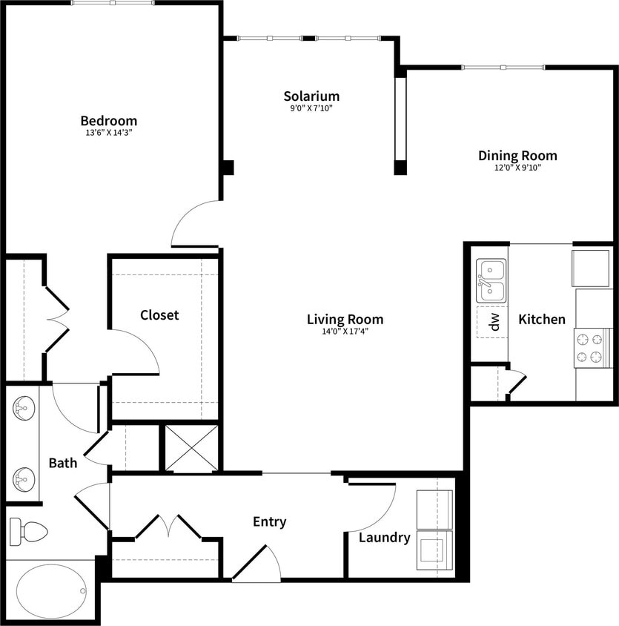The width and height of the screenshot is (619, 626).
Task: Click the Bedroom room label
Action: pos(108,121)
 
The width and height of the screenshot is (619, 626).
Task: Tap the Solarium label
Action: pos(311,96)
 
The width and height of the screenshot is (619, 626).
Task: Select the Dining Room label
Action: pos(517,156)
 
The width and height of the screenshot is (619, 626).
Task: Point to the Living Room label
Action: pos(345,320)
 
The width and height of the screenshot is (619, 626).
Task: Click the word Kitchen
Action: pos(542,320)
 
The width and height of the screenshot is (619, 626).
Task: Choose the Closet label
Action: pos(159,315)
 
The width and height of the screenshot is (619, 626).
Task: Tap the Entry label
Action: pos(269,521)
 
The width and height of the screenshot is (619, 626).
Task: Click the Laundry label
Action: pos(384,538)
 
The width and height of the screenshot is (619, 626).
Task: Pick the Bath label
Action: pos(63,464)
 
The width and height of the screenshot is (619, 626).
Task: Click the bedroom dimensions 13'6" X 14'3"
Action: pos(108,134)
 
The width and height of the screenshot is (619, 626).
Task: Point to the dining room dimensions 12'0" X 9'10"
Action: pos(517,168)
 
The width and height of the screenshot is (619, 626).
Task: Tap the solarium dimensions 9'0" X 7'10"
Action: pos(311,108)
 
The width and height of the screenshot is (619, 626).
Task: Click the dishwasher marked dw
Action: pos(493,321)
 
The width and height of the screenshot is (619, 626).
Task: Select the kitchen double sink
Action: pos(491,280)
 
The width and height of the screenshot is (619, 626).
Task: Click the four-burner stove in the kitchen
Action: pos(591,349)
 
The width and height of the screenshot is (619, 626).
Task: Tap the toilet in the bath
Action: pos(28,531)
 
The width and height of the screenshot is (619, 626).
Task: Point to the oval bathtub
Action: pos(51,591)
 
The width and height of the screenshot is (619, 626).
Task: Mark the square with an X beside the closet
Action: pos(192,448)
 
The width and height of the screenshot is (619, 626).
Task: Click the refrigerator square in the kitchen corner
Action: pos(592,268)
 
